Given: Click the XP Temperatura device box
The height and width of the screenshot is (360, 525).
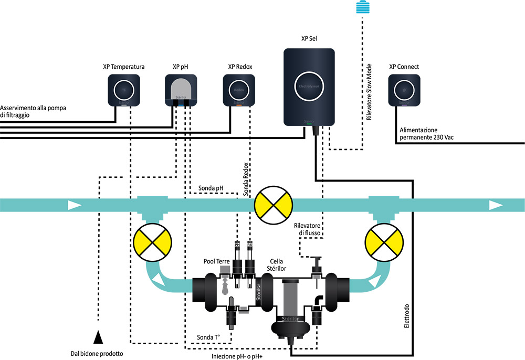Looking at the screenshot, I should pyautogui.click(x=124, y=90).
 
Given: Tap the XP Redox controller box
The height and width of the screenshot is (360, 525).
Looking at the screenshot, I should pyautogui.click(x=239, y=90).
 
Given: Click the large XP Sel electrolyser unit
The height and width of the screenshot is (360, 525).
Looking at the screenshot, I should pyautogui.click(x=309, y=87).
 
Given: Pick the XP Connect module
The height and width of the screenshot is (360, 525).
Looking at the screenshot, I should pyautogui.click(x=404, y=90).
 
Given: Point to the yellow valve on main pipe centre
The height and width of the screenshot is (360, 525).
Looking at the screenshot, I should pyautogui.click(x=273, y=205).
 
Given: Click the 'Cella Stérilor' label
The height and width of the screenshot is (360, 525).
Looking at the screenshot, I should pyautogui.click(x=278, y=265).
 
